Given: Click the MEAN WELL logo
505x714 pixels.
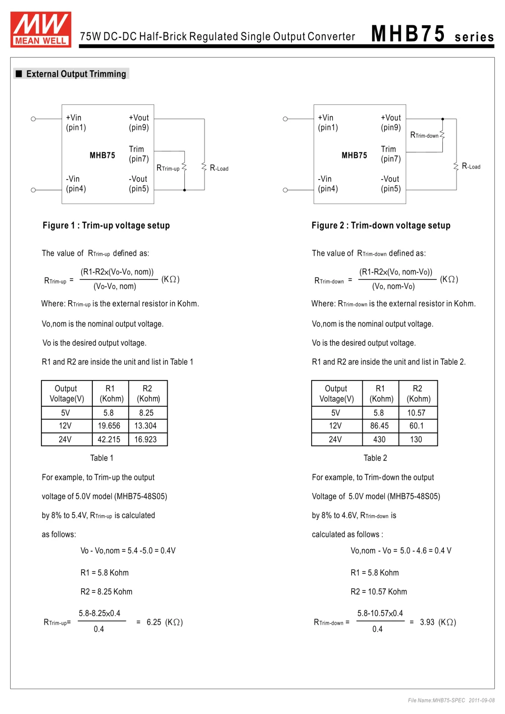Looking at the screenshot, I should point(41,30).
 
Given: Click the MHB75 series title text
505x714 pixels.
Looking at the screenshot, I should point(432,35).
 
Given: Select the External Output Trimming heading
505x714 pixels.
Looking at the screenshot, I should point(76,74).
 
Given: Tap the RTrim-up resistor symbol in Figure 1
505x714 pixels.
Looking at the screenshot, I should point(184,167).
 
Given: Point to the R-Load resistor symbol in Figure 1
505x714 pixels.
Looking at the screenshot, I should point(204,167).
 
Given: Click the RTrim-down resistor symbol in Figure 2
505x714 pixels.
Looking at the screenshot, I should point(442,135).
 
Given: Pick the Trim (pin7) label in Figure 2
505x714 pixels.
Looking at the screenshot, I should point(390,154).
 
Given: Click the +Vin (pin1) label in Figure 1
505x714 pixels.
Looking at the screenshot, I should point(76,123).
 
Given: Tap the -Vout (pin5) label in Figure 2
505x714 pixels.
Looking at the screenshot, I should point(390,184).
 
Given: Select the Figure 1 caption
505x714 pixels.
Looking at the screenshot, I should point(106,226).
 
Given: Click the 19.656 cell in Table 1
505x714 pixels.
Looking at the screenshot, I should point(109,426).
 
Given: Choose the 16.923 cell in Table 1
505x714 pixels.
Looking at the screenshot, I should point(145,440).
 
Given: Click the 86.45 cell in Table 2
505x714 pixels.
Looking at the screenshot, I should point(379,426).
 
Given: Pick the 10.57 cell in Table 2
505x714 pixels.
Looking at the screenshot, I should point(416,413).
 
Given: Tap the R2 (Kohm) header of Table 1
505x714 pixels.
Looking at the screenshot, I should point(147,394).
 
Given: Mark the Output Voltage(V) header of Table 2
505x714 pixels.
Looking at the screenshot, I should point(336,394).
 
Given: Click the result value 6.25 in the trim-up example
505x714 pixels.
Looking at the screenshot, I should point(154,622).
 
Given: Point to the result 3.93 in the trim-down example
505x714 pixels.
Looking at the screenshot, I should point(427,622).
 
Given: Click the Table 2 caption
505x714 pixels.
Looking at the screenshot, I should point(375,458).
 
